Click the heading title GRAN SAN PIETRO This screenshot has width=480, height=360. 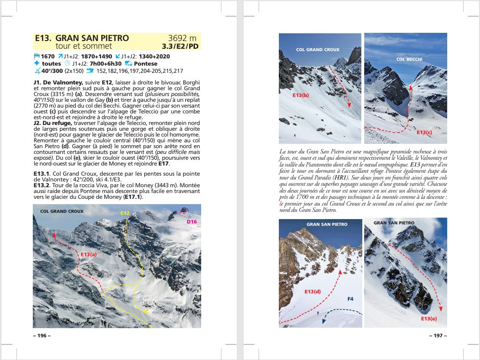point(92,38)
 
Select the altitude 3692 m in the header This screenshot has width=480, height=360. point(182,38)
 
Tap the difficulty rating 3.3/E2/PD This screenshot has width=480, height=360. point(180,46)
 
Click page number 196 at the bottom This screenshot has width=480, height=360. point(41,335)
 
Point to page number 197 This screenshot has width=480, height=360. point(438,335)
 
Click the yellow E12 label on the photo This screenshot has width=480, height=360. point(125,213)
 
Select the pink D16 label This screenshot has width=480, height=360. point(192,222)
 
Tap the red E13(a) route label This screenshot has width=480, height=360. point(89,254)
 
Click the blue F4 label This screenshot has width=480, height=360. point(350,299)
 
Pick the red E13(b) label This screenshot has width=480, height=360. point(301,96)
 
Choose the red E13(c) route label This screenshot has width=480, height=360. point(425,132)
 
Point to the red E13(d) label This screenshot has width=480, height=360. point(313,291)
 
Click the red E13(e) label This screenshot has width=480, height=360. point(429,318)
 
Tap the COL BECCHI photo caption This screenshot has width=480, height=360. point(410,59)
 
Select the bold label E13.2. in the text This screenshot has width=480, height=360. point(42,184)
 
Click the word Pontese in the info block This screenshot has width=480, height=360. point(146,63)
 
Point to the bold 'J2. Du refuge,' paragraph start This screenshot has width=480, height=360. point(53,123)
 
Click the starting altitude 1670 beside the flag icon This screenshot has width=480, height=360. point(48,56)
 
